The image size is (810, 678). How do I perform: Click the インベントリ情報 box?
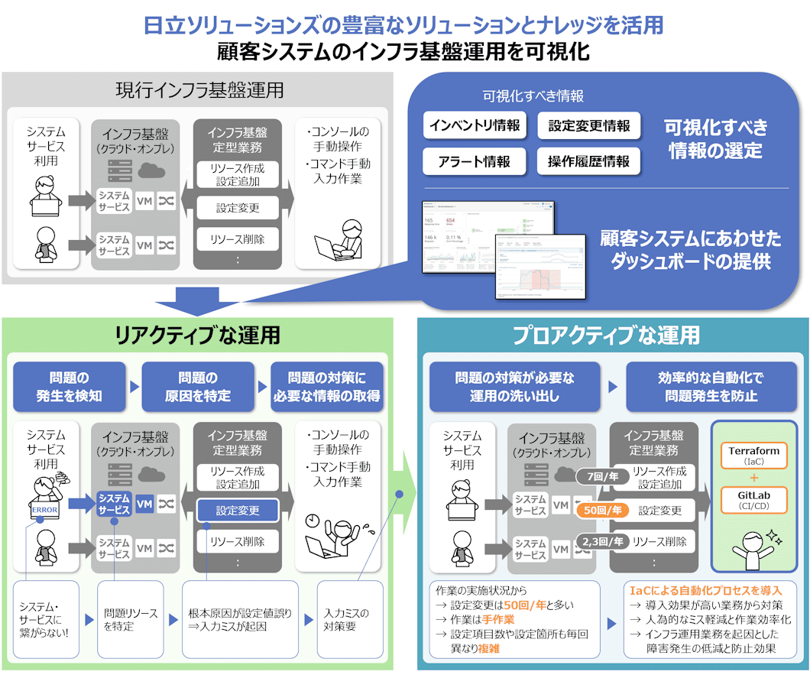(x=475, y=126)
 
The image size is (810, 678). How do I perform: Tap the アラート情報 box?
(x=475, y=161)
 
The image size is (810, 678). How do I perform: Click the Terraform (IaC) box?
(x=753, y=456)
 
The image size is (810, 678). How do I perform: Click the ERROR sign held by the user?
(x=44, y=510)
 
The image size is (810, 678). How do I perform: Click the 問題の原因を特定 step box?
(x=198, y=387)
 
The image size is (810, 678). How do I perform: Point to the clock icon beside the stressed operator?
(x=312, y=520)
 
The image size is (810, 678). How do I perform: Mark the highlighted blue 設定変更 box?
(x=238, y=510)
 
